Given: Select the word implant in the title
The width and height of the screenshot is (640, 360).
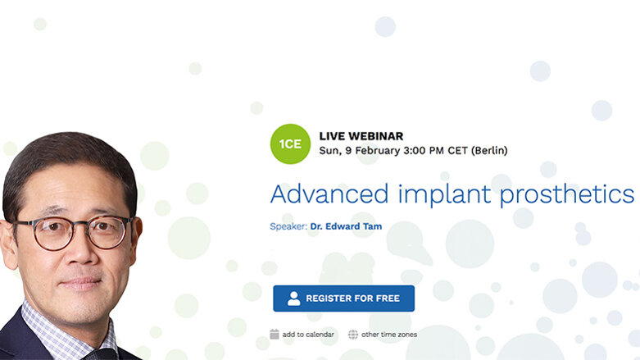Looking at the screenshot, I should (x=433, y=195).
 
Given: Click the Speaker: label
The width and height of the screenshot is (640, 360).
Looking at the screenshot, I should (x=288, y=226).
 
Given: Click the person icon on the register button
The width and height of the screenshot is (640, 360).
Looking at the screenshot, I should (x=293, y=298).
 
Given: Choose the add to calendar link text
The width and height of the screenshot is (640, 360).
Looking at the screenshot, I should (x=308, y=335).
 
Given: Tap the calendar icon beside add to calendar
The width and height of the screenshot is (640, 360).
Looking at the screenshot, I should (x=275, y=335).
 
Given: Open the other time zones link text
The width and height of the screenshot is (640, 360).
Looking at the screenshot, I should (x=389, y=335).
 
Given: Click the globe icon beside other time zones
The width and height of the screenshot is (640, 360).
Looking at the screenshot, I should (x=353, y=335).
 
